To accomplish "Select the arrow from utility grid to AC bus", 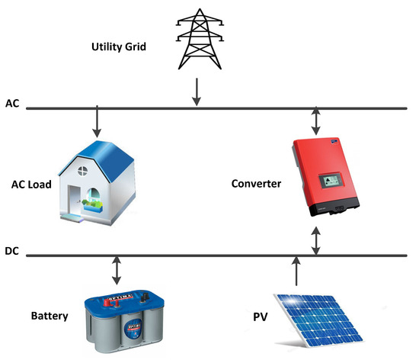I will pos(197,91).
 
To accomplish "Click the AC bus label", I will pos(12,102).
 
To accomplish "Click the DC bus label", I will pos(12,249).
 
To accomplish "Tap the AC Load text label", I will pos(31,185).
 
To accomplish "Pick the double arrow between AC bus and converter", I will pos(317,120).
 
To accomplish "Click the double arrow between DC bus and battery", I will pos(116,270).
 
